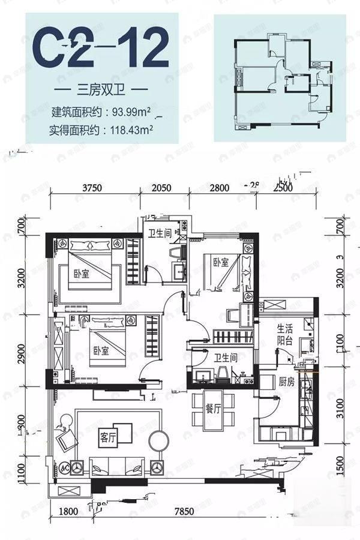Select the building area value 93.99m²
pyautogui.click(x=133, y=111)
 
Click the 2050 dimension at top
pyautogui.click(x=162, y=188)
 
